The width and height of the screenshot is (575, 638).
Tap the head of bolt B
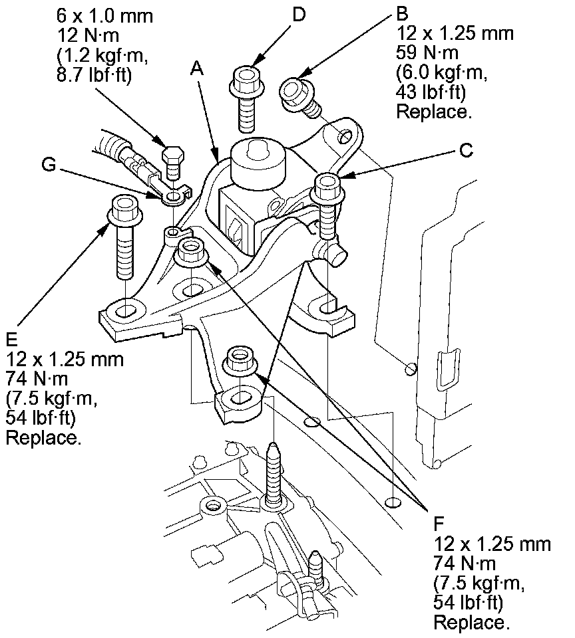tap(295, 90)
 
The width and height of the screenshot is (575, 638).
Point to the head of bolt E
tap(124, 208)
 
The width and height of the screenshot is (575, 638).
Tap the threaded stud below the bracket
tap(274, 473)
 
